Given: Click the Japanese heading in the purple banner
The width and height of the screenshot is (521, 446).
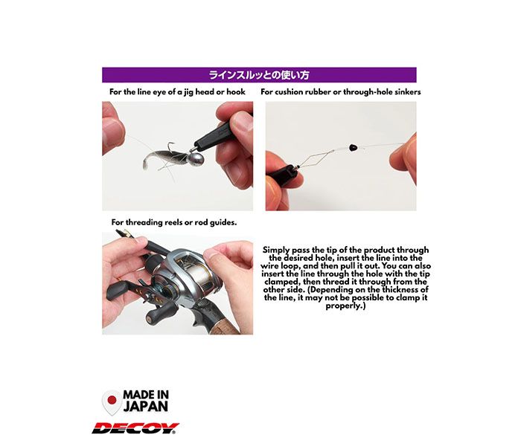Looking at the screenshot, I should [x=259, y=74].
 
